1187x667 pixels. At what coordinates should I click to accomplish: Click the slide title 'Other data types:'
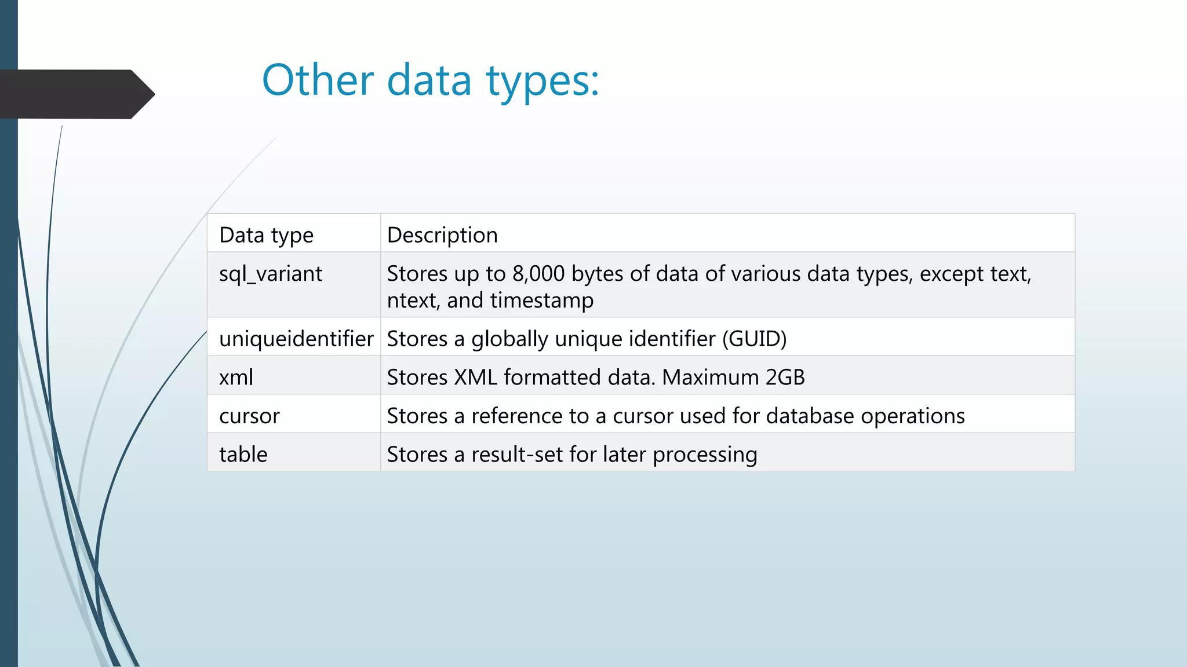point(430,80)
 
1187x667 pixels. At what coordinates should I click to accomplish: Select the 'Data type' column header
point(266,235)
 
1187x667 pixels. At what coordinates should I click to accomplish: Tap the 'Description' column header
point(442,235)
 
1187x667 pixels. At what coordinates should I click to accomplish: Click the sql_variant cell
point(271,274)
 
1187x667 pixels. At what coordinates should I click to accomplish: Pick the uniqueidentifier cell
point(296,339)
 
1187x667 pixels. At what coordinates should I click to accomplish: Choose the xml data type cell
point(236,378)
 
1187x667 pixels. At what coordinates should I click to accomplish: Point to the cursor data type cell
point(249,416)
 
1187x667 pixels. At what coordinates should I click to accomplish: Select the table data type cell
point(243,455)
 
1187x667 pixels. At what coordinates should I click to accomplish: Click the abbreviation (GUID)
point(754,339)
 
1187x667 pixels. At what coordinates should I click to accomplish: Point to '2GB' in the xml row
point(785,378)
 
